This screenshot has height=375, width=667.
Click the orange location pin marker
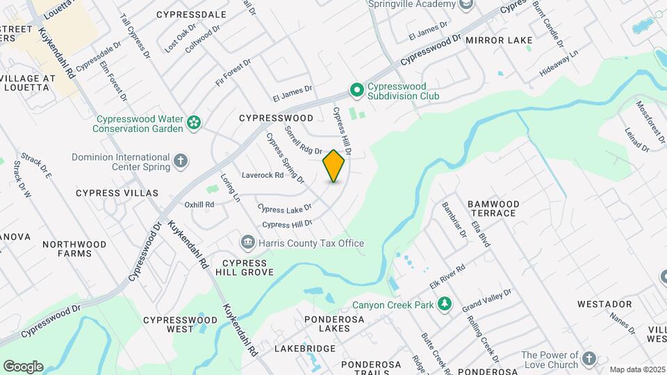(x=334, y=166)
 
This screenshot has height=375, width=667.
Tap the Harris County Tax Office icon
(x=247, y=242)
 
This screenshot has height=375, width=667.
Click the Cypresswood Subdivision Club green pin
(x=356, y=91)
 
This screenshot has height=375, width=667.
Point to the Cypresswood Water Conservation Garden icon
(x=194, y=124)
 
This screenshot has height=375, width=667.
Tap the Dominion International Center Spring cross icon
(x=181, y=162)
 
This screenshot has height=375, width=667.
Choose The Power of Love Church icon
(x=589, y=359)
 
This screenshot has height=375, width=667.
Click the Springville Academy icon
(x=466, y=4)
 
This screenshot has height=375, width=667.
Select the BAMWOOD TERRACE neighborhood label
(x=491, y=208)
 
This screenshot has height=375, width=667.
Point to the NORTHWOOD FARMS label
(x=74, y=249)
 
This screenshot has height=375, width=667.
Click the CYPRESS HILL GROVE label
(x=245, y=267)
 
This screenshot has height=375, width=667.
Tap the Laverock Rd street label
(x=263, y=175)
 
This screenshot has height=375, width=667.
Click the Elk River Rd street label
(x=446, y=275)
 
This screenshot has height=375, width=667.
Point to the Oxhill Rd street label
(x=199, y=205)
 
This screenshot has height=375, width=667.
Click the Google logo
(x=23, y=366)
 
